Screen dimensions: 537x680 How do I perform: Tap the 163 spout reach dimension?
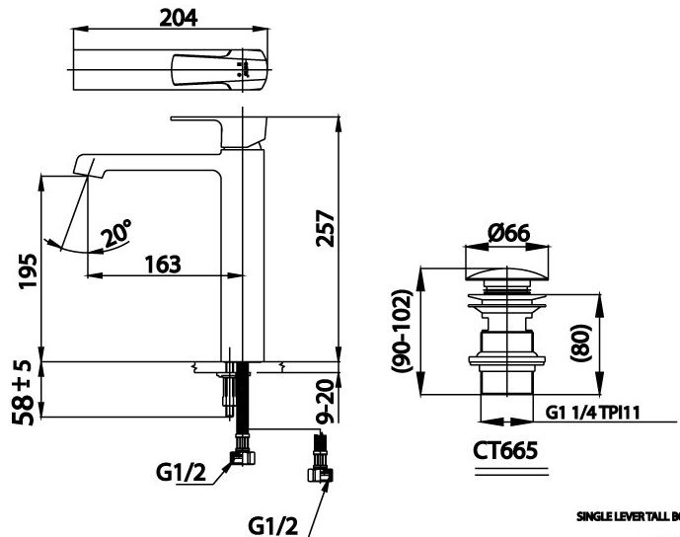163,264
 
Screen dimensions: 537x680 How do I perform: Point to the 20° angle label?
116,235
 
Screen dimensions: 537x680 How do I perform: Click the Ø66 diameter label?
508,233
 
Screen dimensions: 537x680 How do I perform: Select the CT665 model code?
506,451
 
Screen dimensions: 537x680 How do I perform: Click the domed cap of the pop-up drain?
507,268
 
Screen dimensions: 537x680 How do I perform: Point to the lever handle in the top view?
218,69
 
